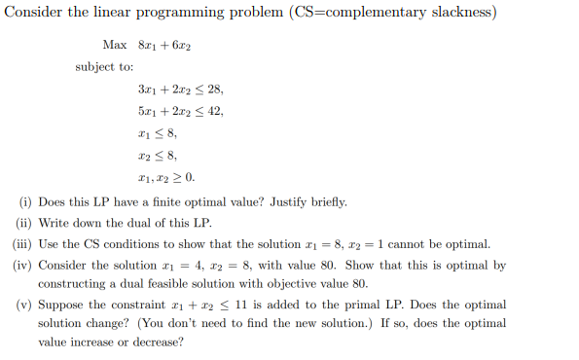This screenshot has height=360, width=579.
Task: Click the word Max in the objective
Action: click(113, 46)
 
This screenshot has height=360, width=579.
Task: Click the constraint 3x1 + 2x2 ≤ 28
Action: click(181, 90)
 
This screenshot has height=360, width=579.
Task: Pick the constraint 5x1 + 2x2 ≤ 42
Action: click(181, 111)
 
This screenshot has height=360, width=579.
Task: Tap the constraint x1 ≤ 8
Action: click(158, 133)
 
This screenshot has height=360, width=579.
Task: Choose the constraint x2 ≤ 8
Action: click(158, 155)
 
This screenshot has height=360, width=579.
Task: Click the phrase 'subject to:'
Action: click(104, 67)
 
